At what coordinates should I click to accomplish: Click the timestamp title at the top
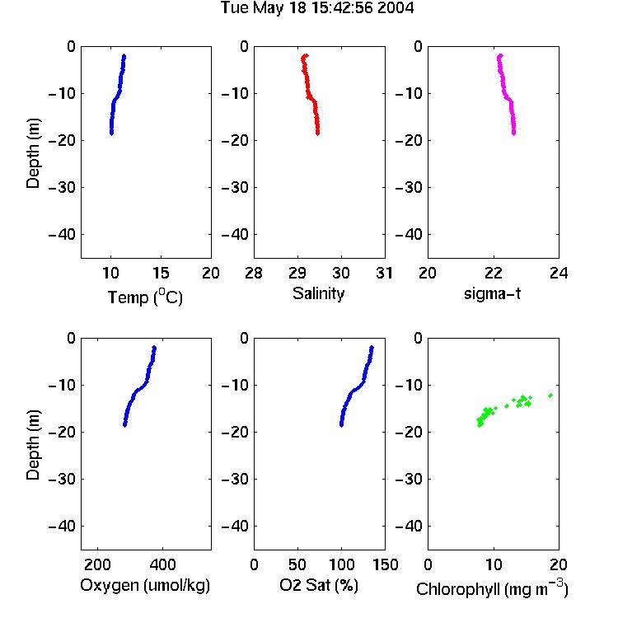317,8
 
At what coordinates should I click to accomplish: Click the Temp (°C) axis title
145,297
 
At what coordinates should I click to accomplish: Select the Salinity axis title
318,293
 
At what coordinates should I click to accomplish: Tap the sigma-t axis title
492,293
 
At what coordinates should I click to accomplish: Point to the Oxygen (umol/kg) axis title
145,585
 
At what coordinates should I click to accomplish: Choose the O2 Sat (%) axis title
319,585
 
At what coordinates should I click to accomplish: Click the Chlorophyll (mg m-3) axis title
492,588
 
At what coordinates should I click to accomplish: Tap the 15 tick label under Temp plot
161,273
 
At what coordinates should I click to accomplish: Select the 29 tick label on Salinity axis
297,273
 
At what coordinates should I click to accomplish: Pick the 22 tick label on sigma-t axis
493,273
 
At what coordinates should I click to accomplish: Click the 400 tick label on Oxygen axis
162,564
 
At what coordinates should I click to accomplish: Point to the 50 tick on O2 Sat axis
297,564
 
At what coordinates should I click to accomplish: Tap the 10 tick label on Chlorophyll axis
493,564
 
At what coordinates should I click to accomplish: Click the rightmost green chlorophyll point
550,396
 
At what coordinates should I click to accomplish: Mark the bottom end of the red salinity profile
318,133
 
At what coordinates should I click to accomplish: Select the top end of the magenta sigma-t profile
500,56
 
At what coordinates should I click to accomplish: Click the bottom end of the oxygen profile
124,425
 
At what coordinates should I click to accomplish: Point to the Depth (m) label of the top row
33,153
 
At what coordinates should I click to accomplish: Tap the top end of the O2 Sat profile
372,348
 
